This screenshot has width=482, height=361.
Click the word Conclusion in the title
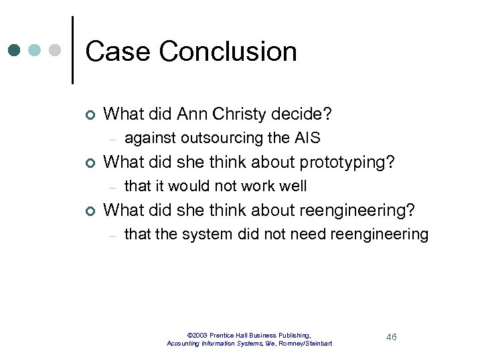click(x=228, y=51)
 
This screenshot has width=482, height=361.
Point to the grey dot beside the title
click(x=55, y=50)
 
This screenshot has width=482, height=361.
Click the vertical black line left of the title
click(x=72, y=50)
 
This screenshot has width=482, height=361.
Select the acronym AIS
click(x=307, y=138)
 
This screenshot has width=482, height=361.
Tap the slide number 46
click(x=392, y=337)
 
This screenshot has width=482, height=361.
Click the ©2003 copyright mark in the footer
click(x=199, y=335)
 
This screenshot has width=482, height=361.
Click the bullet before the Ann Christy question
click(x=89, y=116)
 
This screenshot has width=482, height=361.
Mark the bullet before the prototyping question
click(x=89, y=163)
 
